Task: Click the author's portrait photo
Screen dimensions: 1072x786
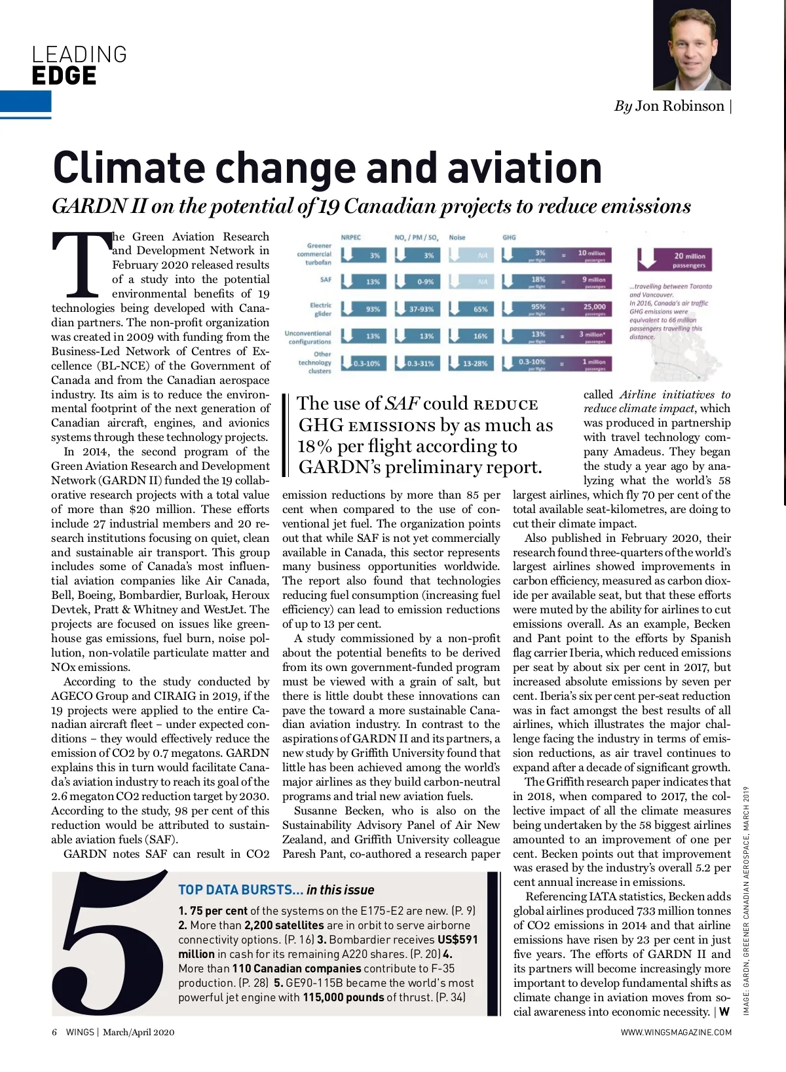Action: coord(692,46)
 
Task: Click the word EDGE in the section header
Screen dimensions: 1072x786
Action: coord(64,76)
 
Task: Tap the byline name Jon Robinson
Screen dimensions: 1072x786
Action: coord(679,106)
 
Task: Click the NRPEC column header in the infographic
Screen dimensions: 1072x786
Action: coord(350,237)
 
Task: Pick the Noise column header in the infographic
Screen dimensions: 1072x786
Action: coord(457,237)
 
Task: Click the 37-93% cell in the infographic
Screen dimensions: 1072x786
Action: coord(420,309)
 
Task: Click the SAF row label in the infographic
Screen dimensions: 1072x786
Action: coord(326,280)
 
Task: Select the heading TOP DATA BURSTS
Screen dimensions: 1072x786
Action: coord(240,890)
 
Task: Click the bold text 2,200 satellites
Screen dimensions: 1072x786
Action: coord(284,925)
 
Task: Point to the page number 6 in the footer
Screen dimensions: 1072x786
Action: coord(54,1032)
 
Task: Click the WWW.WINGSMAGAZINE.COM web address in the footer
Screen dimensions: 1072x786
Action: coord(676,1032)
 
